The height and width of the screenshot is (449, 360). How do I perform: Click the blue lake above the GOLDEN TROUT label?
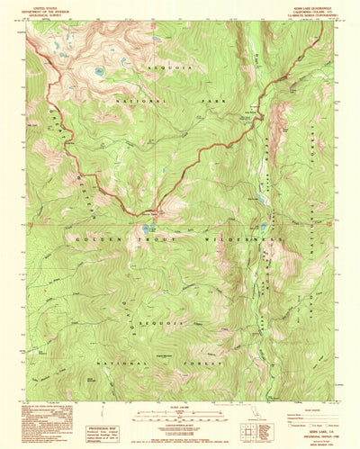[145, 229]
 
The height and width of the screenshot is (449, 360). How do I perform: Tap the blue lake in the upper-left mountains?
[98, 70]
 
